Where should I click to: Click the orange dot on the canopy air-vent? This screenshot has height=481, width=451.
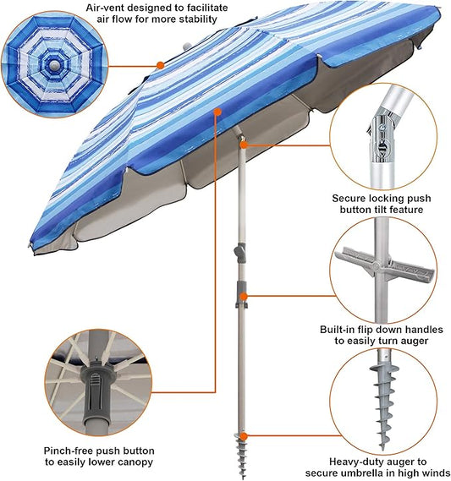point(160,65)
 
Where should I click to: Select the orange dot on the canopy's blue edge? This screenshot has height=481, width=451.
point(217,112)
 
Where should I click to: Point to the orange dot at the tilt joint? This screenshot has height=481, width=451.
point(244,145)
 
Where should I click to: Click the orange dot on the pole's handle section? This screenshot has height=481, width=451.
point(244,297)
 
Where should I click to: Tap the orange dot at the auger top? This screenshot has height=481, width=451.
point(244,436)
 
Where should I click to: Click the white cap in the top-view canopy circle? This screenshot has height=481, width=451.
point(54,65)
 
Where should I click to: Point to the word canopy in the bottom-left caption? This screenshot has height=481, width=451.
point(135,462)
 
